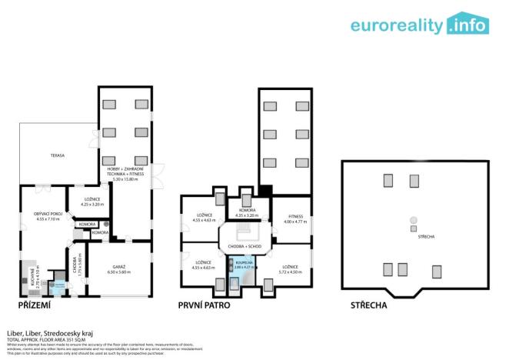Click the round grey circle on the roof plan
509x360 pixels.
click(x=413, y=220)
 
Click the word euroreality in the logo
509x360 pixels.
click(x=397, y=25)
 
